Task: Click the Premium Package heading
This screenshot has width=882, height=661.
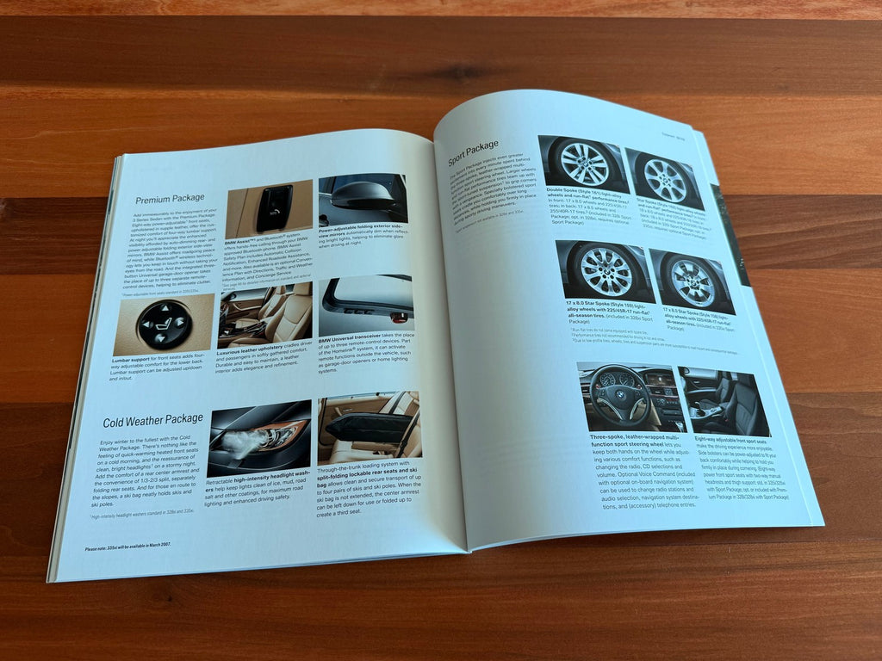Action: pyautogui.click(x=175, y=198)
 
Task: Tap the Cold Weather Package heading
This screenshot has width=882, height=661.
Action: pyautogui.click(x=152, y=422)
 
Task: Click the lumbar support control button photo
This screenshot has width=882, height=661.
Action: pyautogui.click(x=165, y=324)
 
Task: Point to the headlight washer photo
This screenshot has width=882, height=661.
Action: pyautogui.click(x=258, y=437)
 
